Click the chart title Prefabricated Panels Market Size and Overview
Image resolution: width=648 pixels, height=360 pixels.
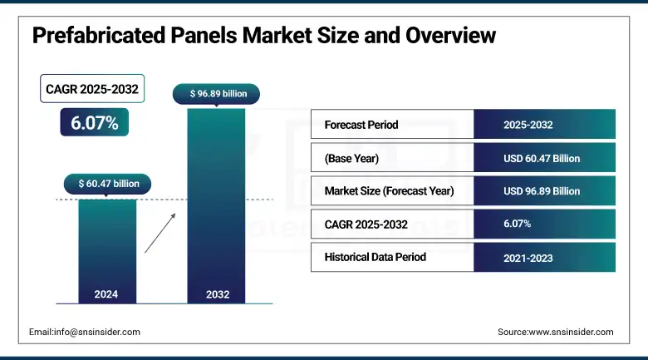tap(263, 36)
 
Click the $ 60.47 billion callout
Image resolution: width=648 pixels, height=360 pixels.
tap(108, 183)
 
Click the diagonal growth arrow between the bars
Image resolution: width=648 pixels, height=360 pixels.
tap(160, 232)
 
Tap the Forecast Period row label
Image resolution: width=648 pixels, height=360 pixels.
tap(361, 125)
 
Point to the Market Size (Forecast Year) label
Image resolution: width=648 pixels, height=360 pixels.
tap(390, 190)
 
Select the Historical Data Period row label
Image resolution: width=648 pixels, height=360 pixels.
tap(375, 257)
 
